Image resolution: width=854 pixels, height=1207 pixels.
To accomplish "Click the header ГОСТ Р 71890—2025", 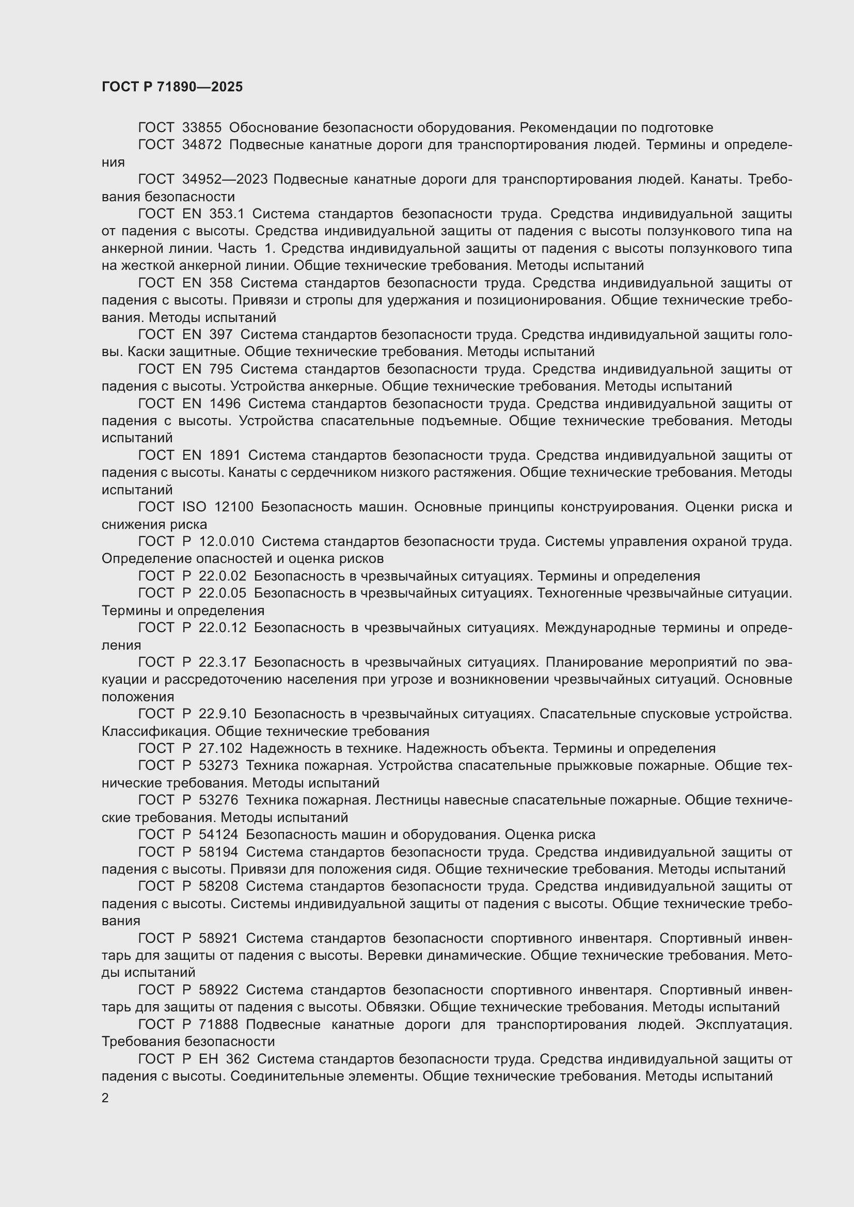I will coord(172,87).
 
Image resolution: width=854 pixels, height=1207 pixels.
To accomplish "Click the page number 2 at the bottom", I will coord(105,1098).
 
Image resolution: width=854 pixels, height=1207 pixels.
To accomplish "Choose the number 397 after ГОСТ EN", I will coord(221,335).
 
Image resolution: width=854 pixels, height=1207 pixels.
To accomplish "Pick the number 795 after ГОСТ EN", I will coord(221,369).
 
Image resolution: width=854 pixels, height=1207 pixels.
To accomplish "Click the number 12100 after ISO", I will coord(233,507).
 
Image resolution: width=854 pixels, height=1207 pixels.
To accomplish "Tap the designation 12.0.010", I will coord(227,541).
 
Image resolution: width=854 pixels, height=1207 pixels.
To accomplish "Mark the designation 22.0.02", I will coord(223,576).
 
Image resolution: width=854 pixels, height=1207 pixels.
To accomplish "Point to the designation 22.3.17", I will coord(223,663).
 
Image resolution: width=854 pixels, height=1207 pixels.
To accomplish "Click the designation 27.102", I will coord(220,749).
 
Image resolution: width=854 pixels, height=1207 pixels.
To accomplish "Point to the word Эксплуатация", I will coord(744,1025).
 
